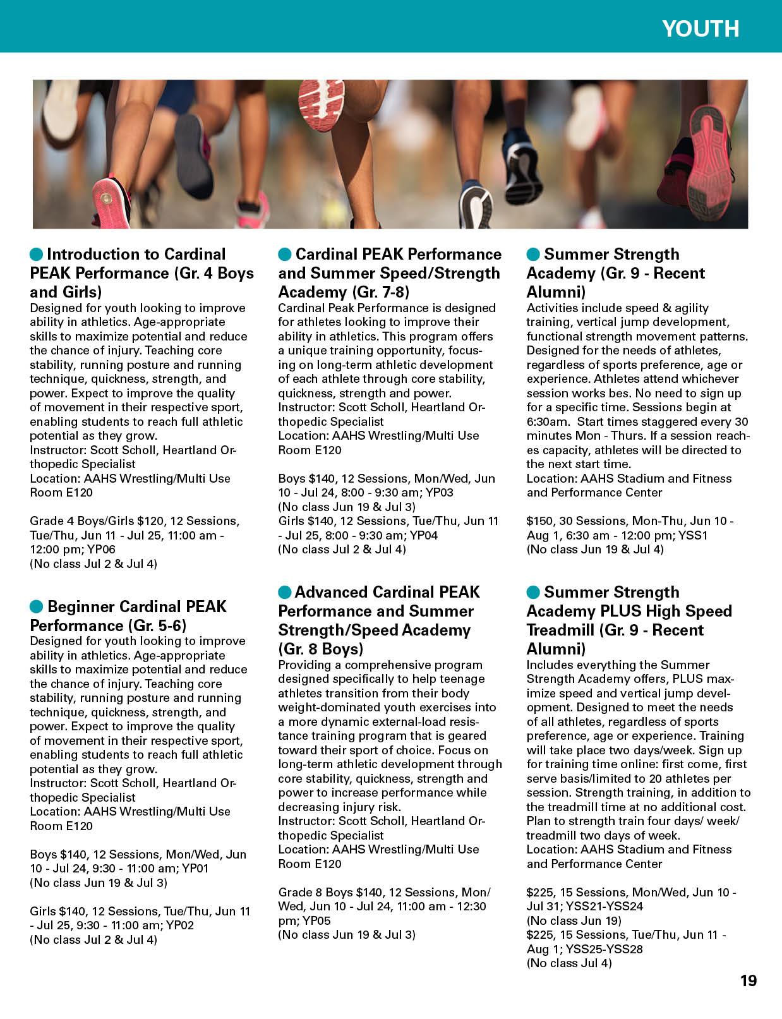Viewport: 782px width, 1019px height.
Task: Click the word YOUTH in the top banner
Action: (x=701, y=29)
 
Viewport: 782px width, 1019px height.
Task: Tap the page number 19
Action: (x=749, y=980)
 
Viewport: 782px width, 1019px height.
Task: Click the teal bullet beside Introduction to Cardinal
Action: (x=37, y=255)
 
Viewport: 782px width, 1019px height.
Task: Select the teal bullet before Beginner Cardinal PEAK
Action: (x=37, y=607)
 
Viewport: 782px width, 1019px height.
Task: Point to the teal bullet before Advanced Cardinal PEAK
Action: (x=285, y=593)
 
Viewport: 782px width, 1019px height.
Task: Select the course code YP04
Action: (x=424, y=536)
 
